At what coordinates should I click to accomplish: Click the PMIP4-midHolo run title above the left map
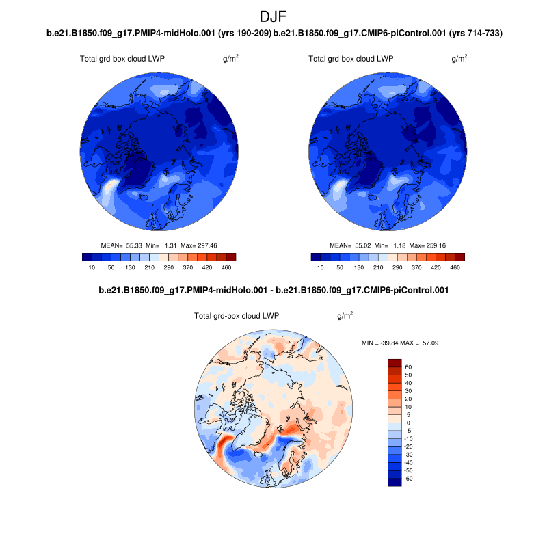159,33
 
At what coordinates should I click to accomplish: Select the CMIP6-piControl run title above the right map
388,33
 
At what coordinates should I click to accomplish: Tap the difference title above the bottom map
273,291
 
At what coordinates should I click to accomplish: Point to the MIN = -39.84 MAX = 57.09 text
399,341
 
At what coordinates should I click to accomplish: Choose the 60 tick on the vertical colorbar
408,366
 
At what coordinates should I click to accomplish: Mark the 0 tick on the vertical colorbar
408,423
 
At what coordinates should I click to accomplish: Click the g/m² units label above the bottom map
345,316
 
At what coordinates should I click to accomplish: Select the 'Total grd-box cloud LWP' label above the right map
351,59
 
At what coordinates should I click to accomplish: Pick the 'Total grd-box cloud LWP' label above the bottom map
237,316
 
